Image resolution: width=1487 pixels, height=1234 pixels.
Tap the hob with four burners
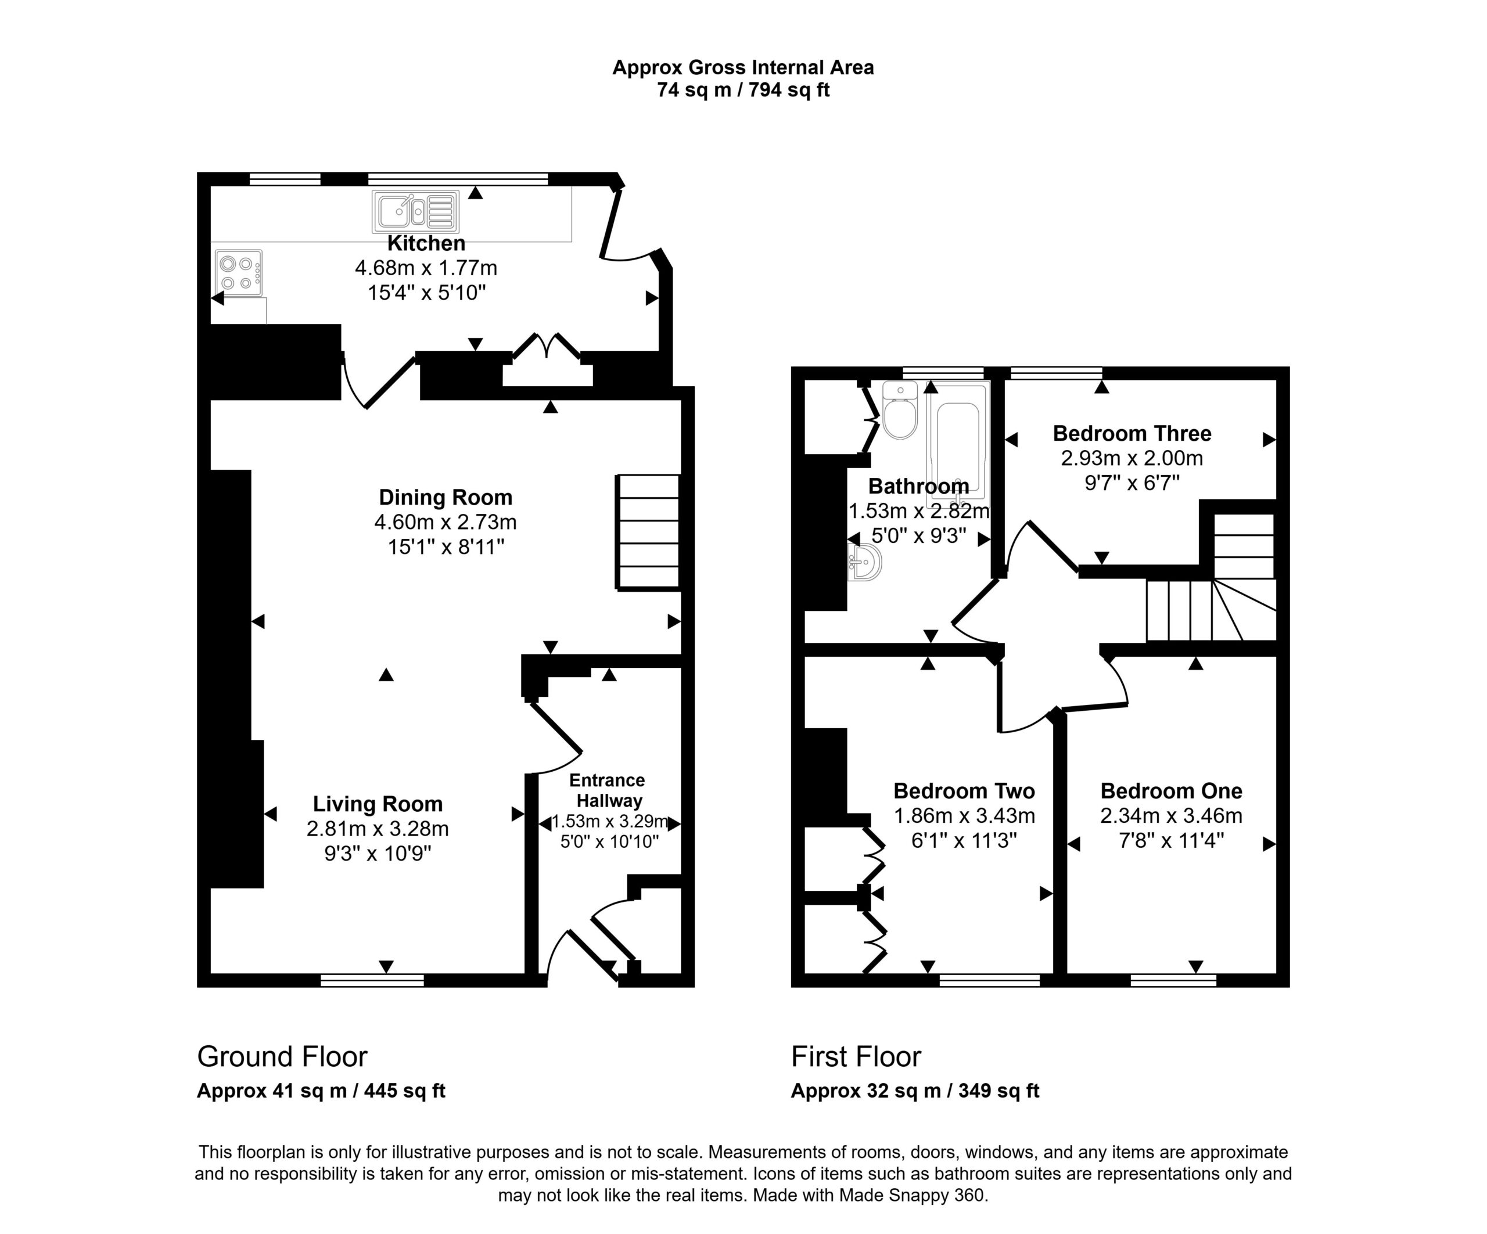[x=239, y=274]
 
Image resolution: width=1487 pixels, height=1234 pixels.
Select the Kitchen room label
[x=426, y=243]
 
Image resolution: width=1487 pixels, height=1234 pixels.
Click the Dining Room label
[x=446, y=497]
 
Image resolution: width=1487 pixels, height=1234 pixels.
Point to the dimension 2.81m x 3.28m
[x=378, y=828]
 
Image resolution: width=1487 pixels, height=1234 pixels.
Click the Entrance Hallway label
[x=608, y=790]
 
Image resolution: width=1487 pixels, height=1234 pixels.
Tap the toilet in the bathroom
[x=900, y=410]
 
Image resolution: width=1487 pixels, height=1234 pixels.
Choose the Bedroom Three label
[x=1132, y=433]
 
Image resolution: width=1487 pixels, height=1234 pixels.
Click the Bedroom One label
[x=1171, y=790]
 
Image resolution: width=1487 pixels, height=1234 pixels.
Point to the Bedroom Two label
[x=964, y=790]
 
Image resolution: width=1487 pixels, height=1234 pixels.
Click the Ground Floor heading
[x=282, y=1057]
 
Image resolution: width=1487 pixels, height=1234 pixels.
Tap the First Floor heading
[x=856, y=1057]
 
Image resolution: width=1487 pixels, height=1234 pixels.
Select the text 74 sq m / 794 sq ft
[x=743, y=90]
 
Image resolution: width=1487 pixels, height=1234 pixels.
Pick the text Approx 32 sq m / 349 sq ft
[x=915, y=1091]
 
